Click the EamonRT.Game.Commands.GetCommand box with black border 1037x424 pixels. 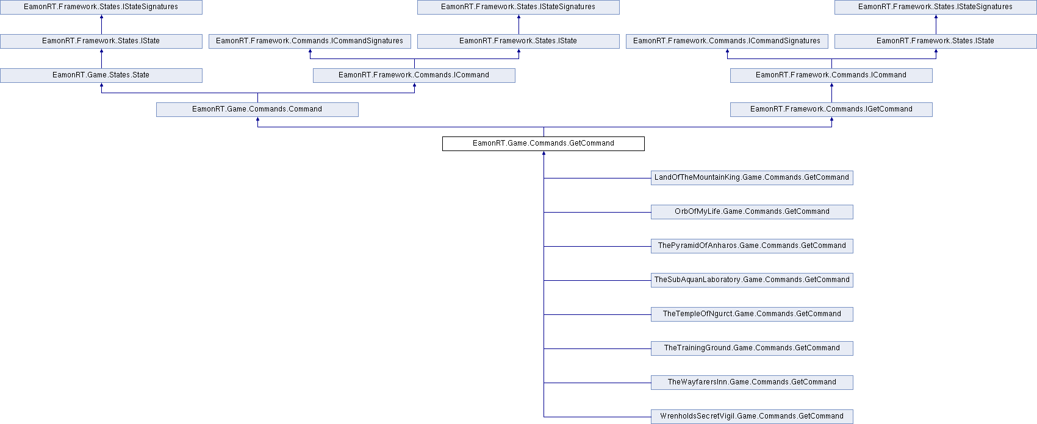coord(543,143)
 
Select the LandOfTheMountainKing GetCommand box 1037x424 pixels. coord(752,177)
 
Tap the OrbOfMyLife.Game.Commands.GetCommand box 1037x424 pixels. coord(752,212)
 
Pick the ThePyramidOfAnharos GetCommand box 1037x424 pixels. coord(752,246)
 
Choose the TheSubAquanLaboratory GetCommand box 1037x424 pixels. coord(752,280)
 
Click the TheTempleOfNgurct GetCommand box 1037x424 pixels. coord(752,314)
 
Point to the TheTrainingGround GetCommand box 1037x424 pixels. coord(752,348)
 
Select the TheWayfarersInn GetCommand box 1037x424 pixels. coord(752,383)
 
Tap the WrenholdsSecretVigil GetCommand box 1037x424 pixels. coord(752,416)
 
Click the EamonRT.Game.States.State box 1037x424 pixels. coord(101,76)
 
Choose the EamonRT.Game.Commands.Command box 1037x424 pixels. coord(257,110)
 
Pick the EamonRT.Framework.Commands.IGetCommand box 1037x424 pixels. coord(831,110)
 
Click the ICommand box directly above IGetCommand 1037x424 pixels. coord(831,76)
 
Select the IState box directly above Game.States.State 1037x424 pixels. coord(101,41)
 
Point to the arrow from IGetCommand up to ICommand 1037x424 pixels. coord(831,93)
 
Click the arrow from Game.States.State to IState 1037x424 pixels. coord(101,58)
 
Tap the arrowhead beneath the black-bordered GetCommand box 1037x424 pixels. coord(544,152)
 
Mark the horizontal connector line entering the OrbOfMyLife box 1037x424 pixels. coord(597,212)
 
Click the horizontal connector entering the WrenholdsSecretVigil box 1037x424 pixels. coord(597,417)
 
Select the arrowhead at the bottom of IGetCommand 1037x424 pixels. coord(831,119)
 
